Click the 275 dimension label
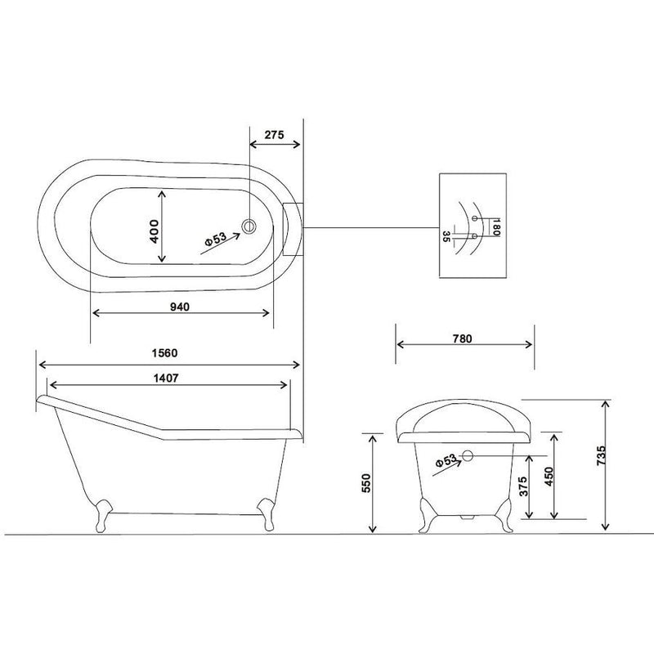coord(274,135)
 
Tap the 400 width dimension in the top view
coord(154,232)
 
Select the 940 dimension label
coord(180,307)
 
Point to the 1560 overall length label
coord(164,353)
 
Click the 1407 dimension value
coord(166,379)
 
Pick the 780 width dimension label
coord(462,338)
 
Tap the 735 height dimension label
coord(601,455)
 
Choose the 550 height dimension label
coord(365,483)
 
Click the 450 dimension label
coord(549,477)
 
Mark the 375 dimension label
coord(523,486)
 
